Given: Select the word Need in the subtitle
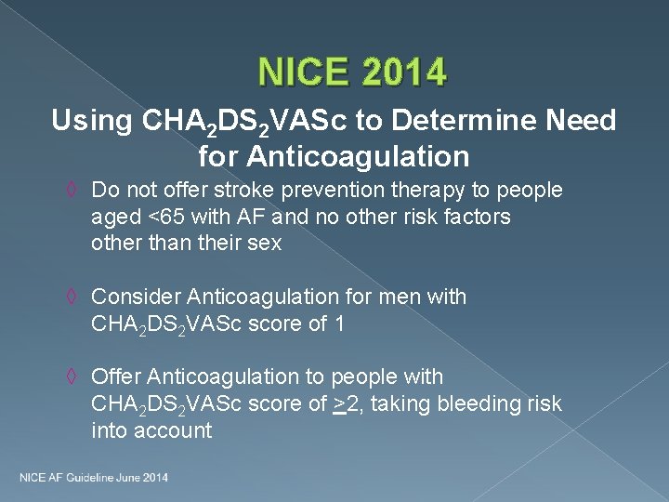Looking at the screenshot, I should [x=582, y=121].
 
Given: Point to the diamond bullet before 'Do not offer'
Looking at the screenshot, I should [x=75, y=191].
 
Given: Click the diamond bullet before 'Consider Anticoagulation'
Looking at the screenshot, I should [x=75, y=297].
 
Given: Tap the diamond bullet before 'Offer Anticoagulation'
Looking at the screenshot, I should [x=75, y=377].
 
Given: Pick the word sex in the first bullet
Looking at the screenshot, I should [x=266, y=244].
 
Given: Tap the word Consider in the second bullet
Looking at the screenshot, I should [x=137, y=297].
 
